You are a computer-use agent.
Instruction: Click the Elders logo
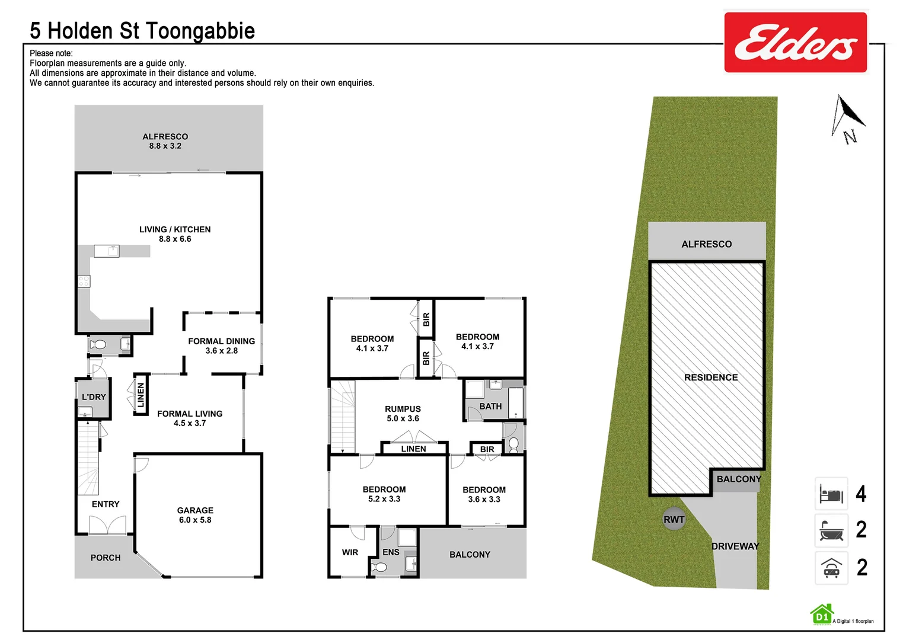pyautogui.click(x=795, y=43)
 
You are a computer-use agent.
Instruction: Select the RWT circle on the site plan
pyautogui.click(x=674, y=520)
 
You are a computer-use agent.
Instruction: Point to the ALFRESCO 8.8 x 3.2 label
pyautogui.click(x=165, y=141)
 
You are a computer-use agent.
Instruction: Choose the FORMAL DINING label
pyautogui.click(x=221, y=345)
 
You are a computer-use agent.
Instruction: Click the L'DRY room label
pyautogui.click(x=94, y=397)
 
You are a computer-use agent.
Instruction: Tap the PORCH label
pyautogui.click(x=106, y=558)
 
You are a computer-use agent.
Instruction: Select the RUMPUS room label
pyautogui.click(x=403, y=414)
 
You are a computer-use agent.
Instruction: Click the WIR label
pyautogui.click(x=350, y=552)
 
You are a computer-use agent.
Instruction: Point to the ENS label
pyautogui.click(x=391, y=552)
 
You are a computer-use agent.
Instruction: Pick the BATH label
pyautogui.click(x=490, y=407)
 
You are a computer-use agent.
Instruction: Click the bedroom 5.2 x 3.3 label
pyautogui.click(x=384, y=494)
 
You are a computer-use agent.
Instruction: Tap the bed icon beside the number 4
pyautogui.click(x=831, y=494)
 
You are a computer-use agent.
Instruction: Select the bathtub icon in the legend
pyautogui.click(x=831, y=530)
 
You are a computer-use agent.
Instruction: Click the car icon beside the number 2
pyautogui.click(x=831, y=568)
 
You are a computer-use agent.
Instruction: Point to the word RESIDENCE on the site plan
pyautogui.click(x=711, y=377)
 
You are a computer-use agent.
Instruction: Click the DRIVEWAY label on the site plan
pyautogui.click(x=735, y=546)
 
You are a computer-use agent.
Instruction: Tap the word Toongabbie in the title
pyautogui.click(x=200, y=31)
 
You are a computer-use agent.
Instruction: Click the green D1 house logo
pyautogui.click(x=822, y=615)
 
